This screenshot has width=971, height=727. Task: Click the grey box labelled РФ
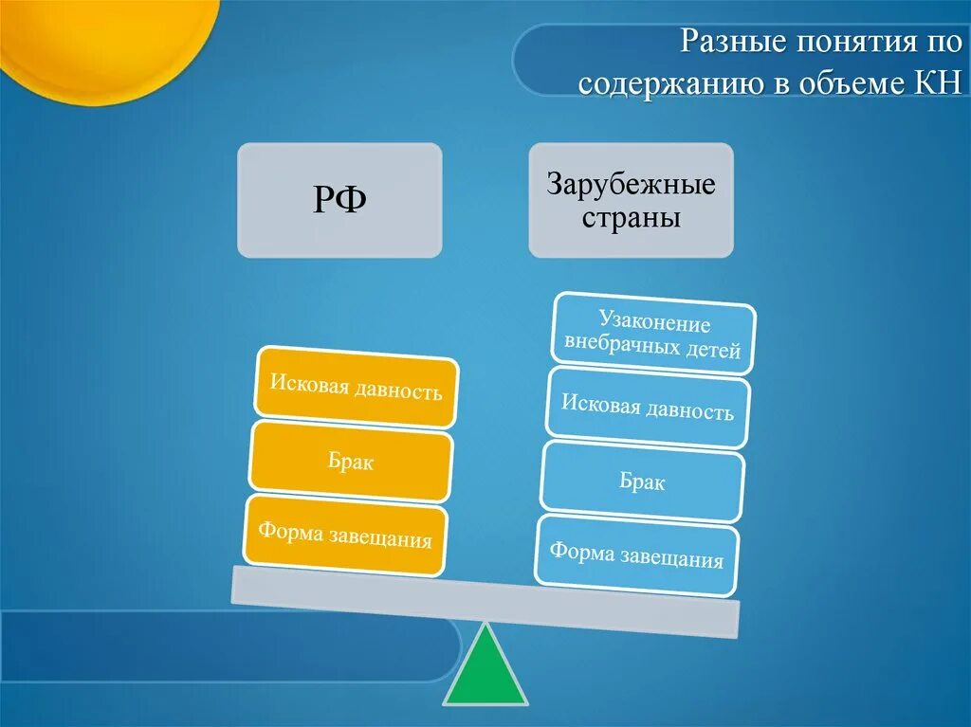pos(339,200)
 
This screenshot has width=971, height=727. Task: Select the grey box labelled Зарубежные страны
pos(631,200)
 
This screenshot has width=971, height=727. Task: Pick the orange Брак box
pos(351,462)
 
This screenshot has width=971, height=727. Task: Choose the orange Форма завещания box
pos(345,536)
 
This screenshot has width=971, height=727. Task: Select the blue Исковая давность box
pos(648,409)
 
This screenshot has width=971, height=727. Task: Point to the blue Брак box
pos(642,482)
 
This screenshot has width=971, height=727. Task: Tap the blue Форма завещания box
pos(637,555)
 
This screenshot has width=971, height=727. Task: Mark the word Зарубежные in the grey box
pos(631,184)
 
